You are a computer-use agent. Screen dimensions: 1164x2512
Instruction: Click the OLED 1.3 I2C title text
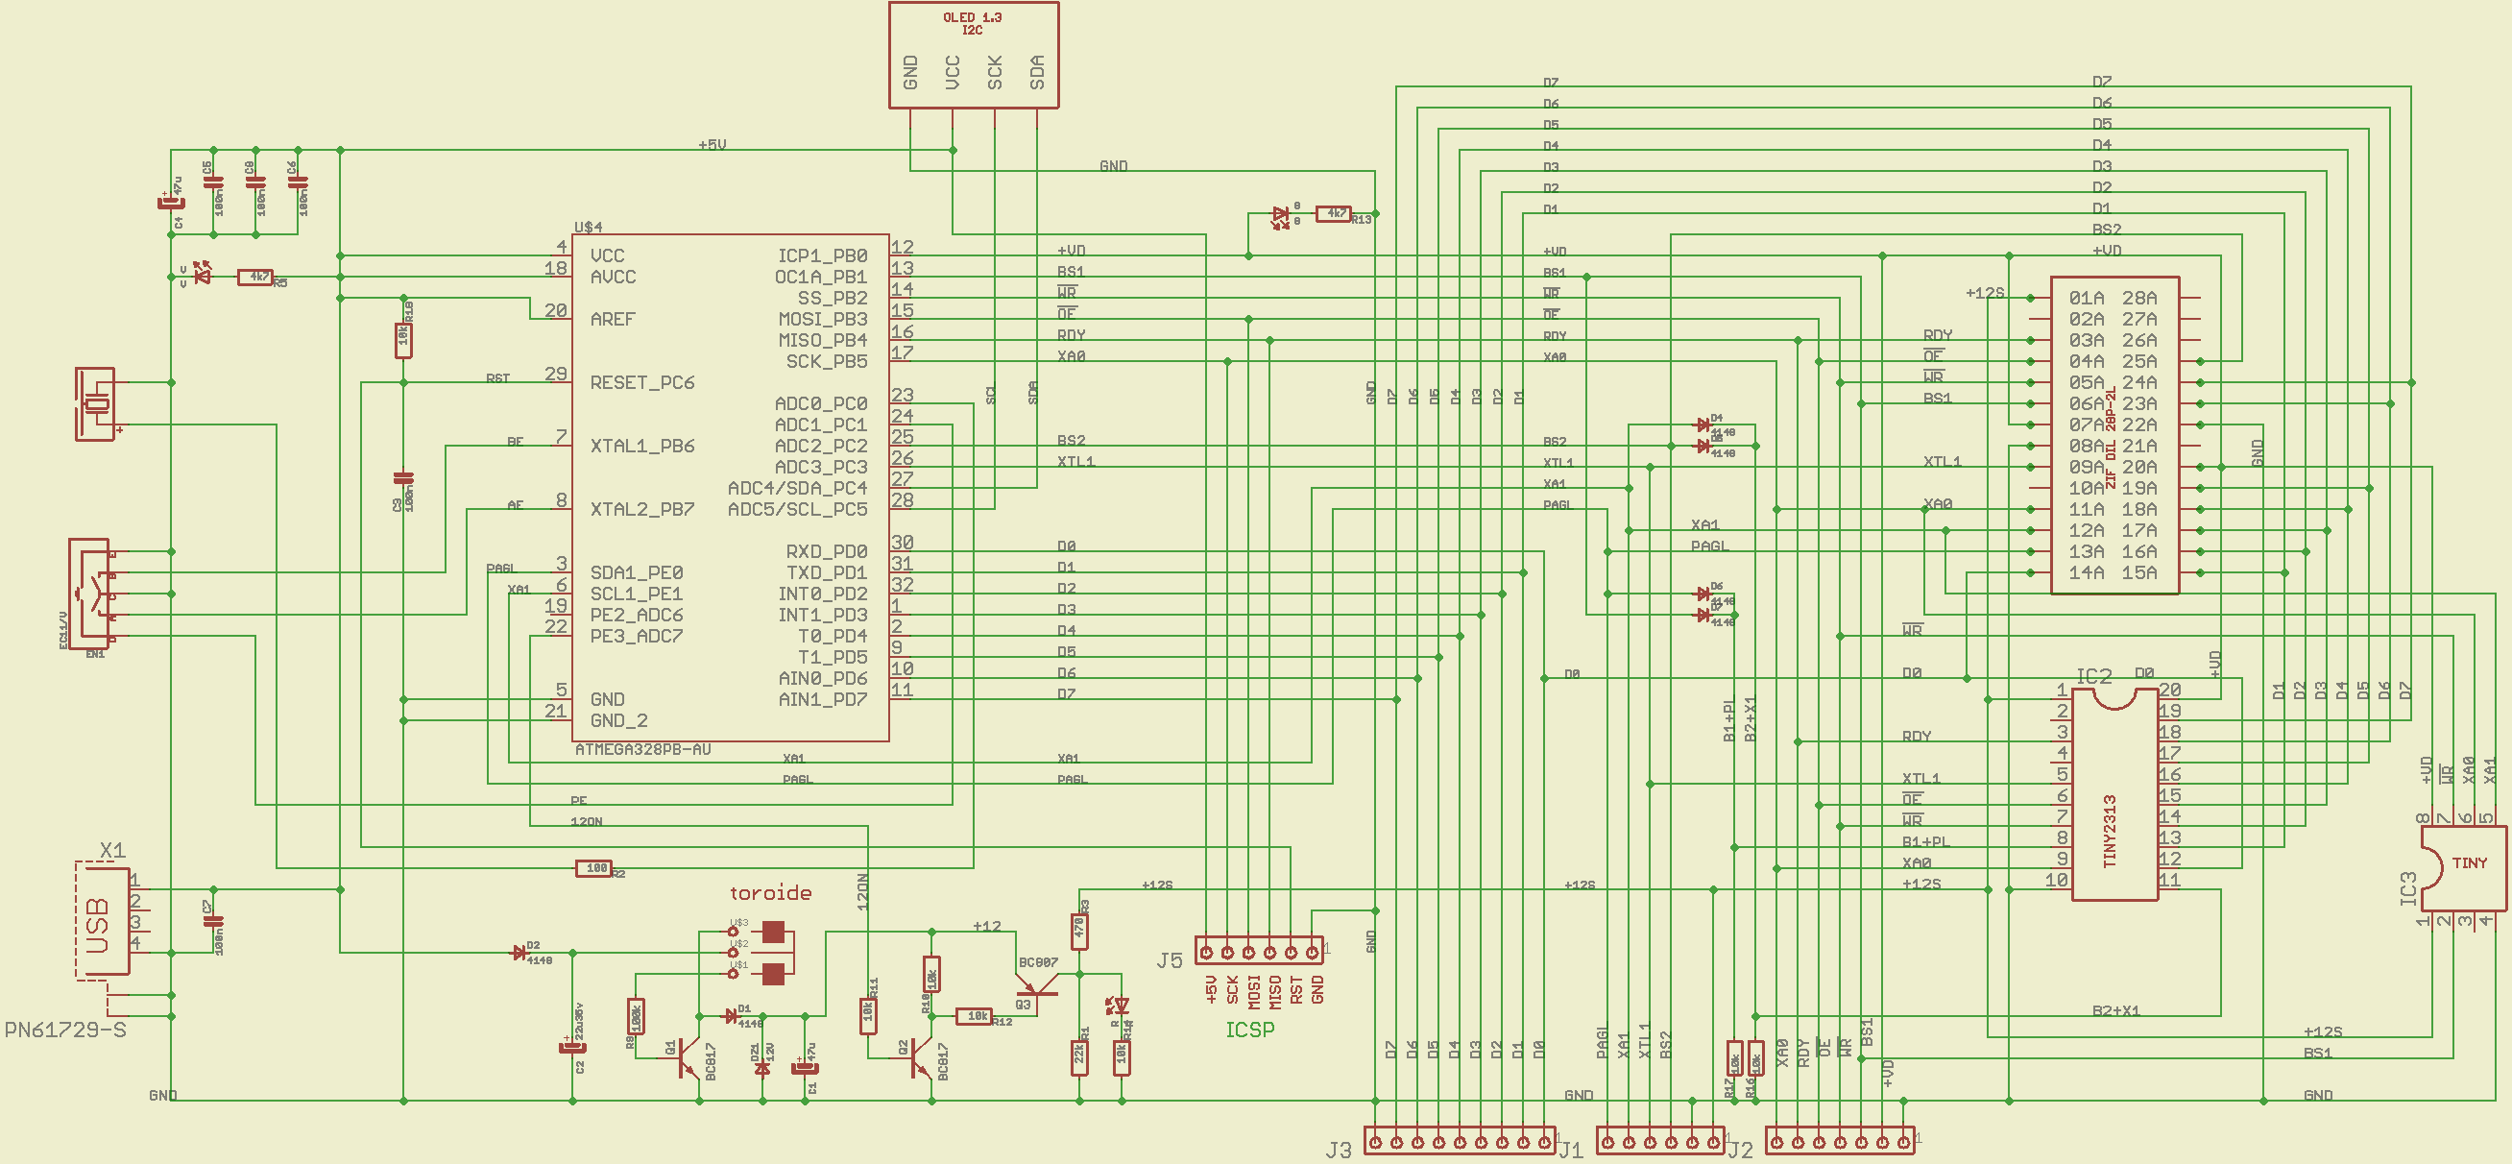[x=971, y=23]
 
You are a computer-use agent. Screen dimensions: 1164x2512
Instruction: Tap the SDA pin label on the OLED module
[x=1037, y=72]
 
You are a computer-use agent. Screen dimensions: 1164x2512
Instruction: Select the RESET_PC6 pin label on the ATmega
[x=641, y=382]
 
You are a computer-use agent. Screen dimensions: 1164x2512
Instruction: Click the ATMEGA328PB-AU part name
[x=642, y=750]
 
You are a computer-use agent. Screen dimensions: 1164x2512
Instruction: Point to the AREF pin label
[x=613, y=319]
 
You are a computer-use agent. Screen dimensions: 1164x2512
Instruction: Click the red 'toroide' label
[x=770, y=893]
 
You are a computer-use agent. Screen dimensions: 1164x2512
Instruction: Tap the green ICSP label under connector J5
[x=1249, y=1030]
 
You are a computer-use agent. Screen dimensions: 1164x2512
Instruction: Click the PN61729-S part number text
[x=65, y=1031]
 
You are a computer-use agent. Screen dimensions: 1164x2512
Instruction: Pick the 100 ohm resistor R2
[x=593, y=868]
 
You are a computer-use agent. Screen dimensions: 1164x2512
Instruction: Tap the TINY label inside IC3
[x=2469, y=863]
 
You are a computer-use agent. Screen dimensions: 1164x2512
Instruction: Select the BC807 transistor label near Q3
[x=1038, y=963]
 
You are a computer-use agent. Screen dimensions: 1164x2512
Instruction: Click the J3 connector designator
[x=1338, y=1151]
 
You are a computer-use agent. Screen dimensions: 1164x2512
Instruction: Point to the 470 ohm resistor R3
[x=1079, y=929]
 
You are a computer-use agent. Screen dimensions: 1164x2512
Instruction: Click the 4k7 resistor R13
[x=1335, y=213]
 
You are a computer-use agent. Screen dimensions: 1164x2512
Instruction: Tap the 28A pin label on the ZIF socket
[x=2139, y=299]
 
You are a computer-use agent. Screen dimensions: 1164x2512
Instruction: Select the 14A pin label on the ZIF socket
[x=2086, y=573]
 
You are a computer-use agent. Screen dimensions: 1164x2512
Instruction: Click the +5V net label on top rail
[x=712, y=144]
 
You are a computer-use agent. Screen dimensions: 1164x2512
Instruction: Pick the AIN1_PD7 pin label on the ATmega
[x=822, y=699]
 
